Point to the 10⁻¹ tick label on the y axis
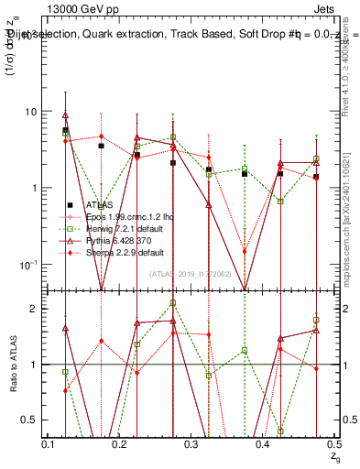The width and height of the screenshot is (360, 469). [28, 265]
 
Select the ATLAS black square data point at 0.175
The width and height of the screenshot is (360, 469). [102, 146]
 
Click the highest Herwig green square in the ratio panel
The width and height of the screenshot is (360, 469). [172, 302]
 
